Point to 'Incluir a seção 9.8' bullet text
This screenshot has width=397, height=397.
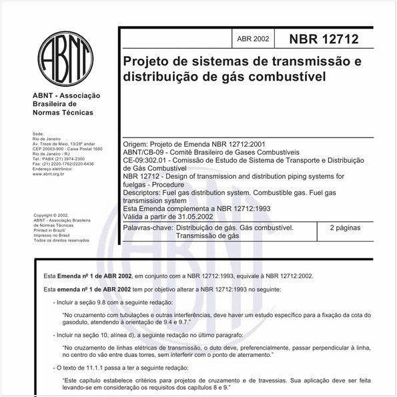pos(91,302)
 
